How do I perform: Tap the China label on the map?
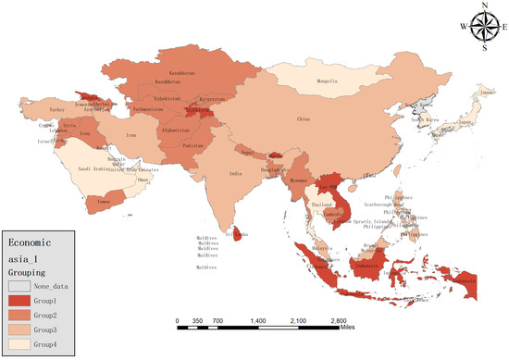coord(303,119)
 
